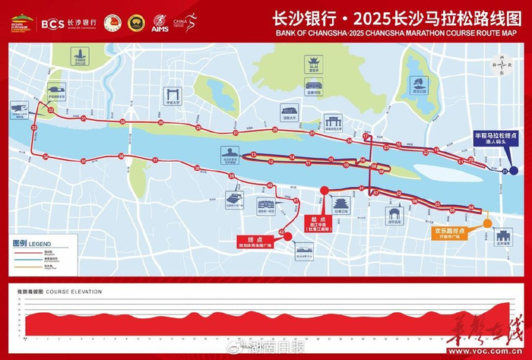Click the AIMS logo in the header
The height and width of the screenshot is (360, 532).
[x=160, y=24]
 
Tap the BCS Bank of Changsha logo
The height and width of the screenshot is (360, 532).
[x=68, y=24]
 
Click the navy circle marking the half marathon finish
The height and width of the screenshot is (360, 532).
[x=515, y=171]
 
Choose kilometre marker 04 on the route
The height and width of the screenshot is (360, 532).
[x=471, y=207]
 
